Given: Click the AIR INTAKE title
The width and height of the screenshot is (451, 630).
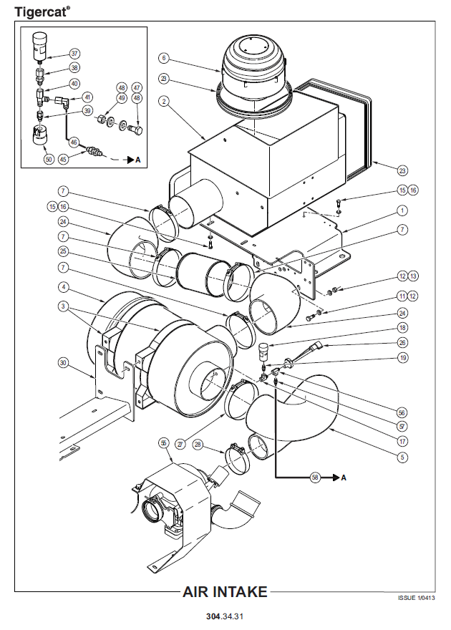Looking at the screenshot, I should pos(225,592).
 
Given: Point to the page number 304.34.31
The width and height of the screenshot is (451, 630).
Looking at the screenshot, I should pos(225,616).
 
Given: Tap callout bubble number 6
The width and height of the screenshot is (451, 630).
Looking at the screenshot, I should pos(164,58).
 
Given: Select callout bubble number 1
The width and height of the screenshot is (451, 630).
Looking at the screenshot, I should pos(402,210).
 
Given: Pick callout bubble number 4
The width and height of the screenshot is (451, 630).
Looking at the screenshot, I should pos(64,288).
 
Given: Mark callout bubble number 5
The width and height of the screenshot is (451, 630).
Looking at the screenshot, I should pos(402,457).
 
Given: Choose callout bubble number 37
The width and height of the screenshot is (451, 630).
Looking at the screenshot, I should pos(75,54).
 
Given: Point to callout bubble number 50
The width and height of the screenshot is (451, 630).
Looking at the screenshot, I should pos(49,159).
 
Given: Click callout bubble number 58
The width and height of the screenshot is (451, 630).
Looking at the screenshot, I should pos(314,477).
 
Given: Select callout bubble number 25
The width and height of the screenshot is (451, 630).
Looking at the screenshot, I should pos(64,251).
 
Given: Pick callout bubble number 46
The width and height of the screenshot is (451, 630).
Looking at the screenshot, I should pos(74,142).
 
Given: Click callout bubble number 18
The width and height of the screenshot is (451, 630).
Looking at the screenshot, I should pos(402,326).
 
